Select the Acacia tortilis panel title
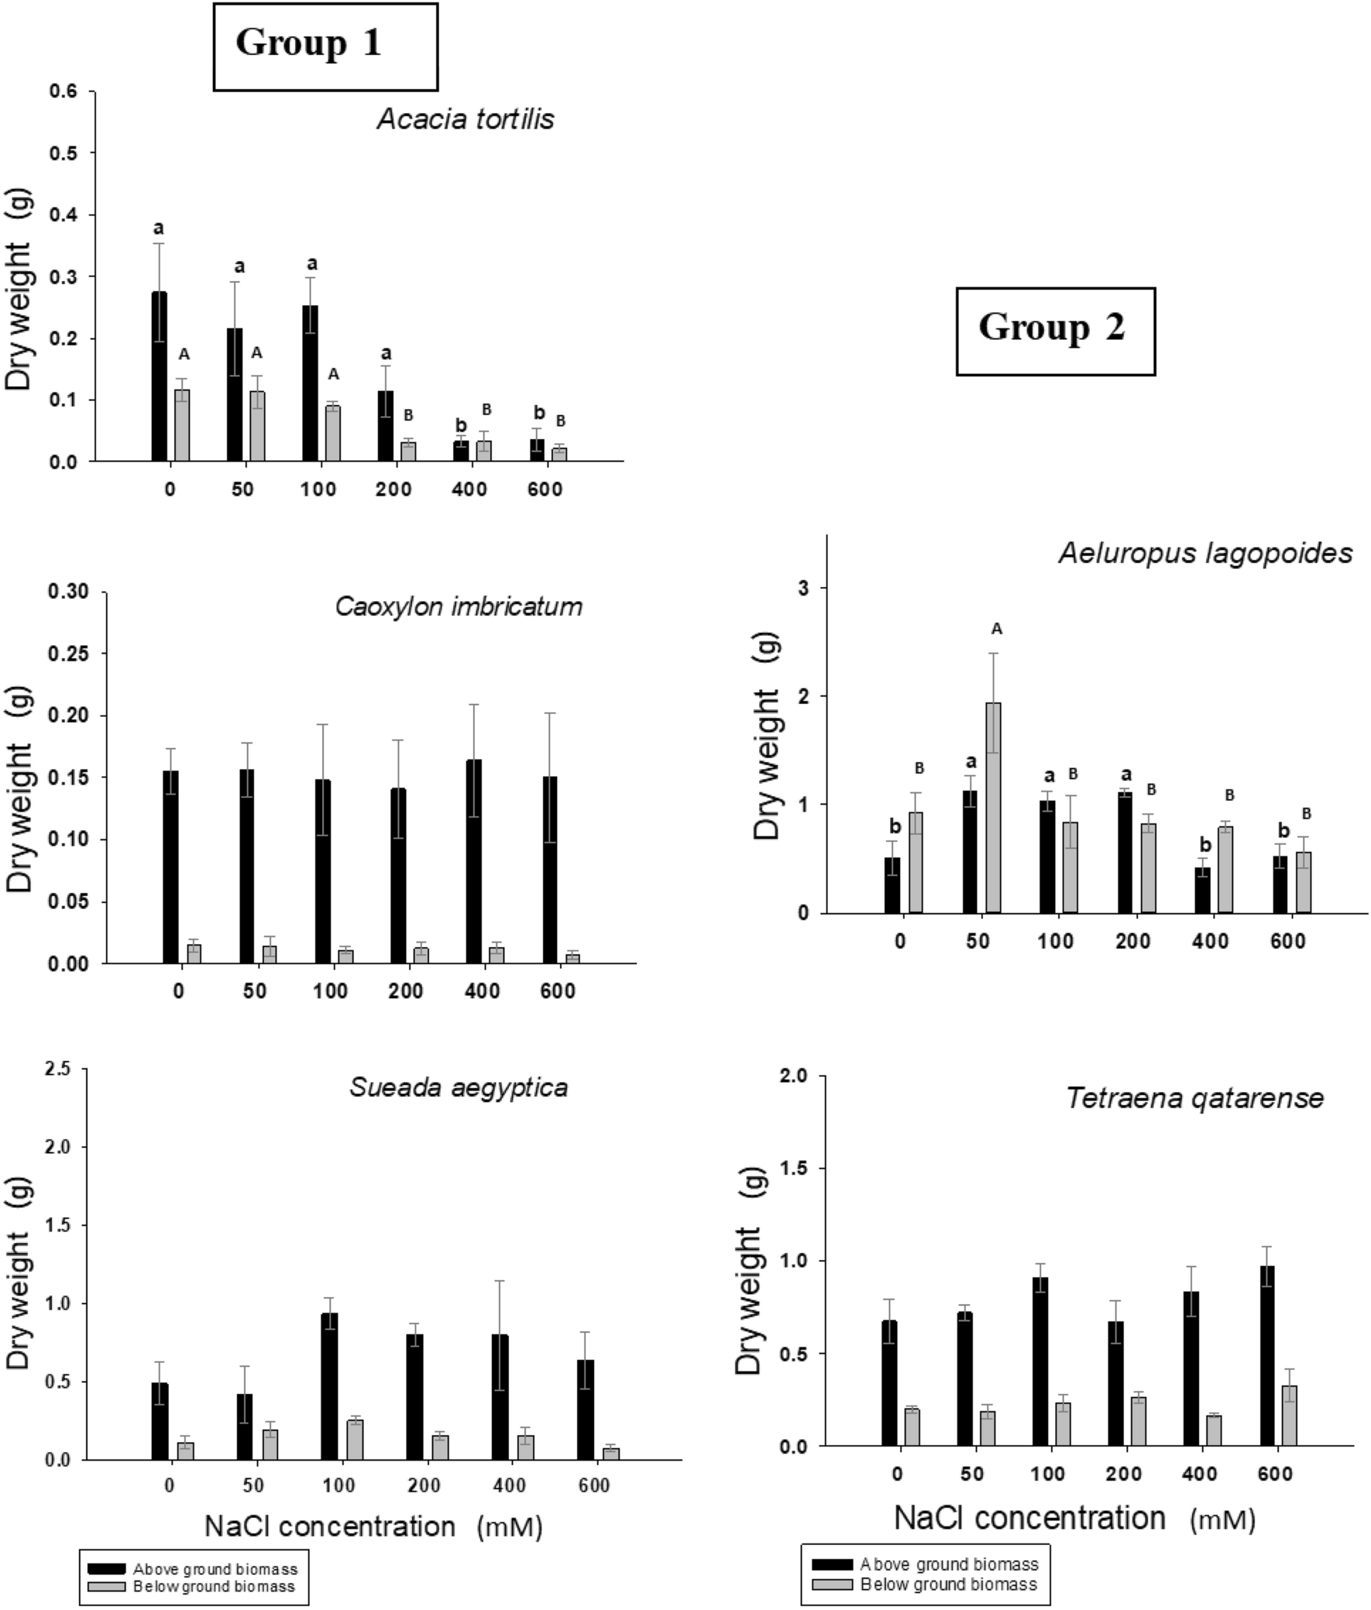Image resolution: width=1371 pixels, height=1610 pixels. click(466, 120)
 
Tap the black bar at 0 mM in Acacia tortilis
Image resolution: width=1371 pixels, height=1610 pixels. click(159, 377)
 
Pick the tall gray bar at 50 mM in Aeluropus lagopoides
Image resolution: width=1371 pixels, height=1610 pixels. click(993, 808)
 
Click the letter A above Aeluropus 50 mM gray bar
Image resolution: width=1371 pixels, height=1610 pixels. click(997, 629)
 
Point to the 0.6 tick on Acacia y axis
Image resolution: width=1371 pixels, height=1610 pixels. click(64, 91)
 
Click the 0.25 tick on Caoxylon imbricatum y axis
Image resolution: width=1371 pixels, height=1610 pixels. click(68, 654)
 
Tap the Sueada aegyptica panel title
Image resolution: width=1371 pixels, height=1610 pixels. click(459, 1087)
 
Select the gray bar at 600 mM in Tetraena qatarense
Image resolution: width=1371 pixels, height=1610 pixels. click(1290, 1415)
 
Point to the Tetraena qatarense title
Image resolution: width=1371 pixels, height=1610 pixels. click(1194, 1098)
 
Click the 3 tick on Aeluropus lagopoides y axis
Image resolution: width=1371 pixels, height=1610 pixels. click(803, 589)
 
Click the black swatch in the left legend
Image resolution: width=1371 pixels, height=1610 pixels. click(105, 1569)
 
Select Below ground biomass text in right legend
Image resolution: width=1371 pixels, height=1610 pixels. click(948, 1584)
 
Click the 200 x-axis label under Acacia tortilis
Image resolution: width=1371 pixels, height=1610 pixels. click(393, 490)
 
